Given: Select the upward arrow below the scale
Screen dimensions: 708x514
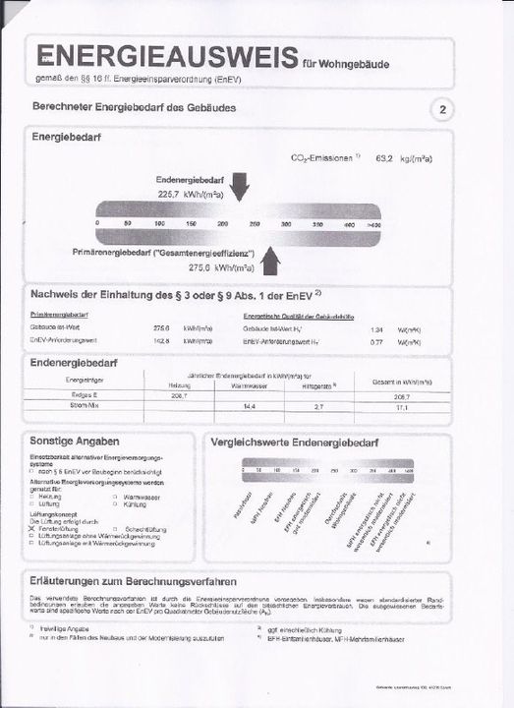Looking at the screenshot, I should coord(271,261).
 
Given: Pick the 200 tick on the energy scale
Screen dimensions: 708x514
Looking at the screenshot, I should coord(222,224).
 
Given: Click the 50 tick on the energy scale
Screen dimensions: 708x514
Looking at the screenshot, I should coord(128,224).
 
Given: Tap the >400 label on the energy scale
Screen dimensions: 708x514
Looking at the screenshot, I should coord(372,224).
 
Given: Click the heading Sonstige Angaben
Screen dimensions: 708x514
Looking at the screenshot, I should coord(75,442).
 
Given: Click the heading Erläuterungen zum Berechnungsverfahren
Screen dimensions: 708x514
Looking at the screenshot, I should coord(133,580).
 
